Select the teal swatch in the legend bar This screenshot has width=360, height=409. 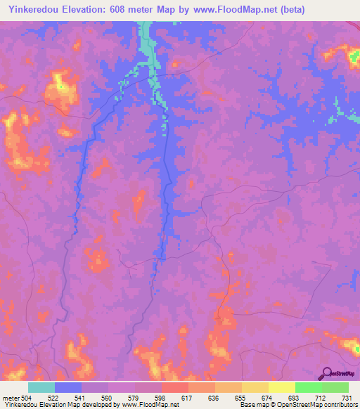[41, 387]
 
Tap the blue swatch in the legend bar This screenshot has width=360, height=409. [68, 387]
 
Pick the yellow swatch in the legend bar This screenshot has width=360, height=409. [282, 387]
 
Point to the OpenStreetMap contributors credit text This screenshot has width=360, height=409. [316, 405]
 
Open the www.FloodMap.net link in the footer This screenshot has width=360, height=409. [149, 405]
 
